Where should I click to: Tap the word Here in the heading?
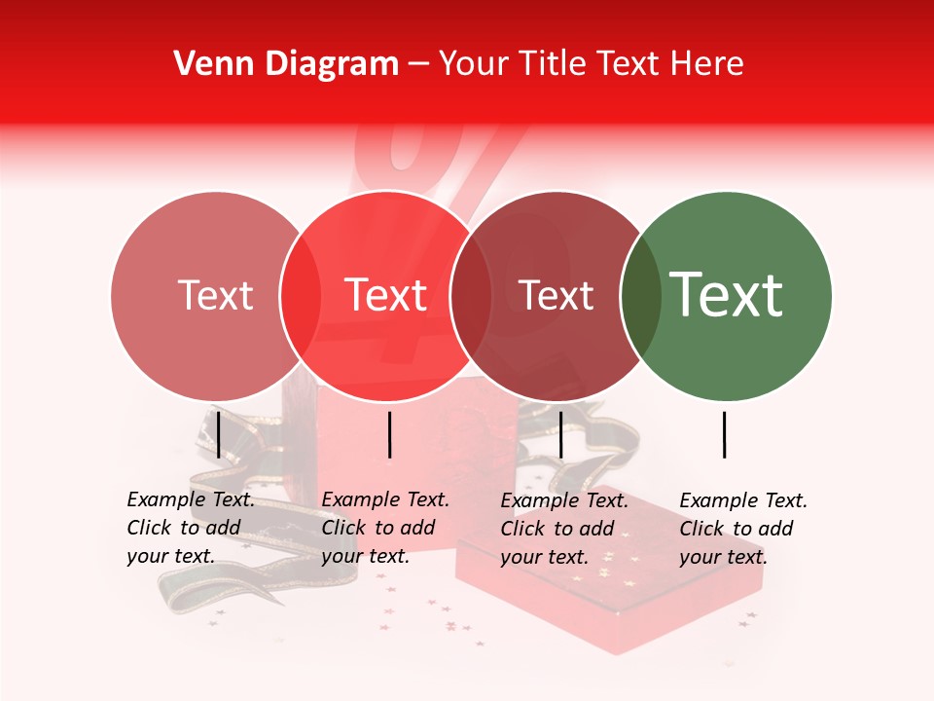click(x=707, y=64)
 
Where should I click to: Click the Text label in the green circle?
click(x=727, y=294)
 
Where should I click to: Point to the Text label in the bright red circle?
click(x=386, y=295)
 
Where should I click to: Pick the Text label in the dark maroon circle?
click(x=557, y=296)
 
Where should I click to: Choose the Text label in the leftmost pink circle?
click(x=215, y=295)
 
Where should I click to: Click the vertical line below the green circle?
click(x=725, y=434)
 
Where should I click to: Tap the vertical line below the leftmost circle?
click(x=219, y=434)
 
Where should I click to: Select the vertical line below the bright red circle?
click(x=389, y=434)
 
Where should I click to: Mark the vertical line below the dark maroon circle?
click(x=560, y=434)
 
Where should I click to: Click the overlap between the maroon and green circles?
click(x=641, y=296)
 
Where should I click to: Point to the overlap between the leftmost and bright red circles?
click(x=301, y=296)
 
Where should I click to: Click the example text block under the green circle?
click(x=742, y=529)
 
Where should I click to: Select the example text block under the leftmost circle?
click(x=191, y=528)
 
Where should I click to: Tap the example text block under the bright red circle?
click(x=385, y=528)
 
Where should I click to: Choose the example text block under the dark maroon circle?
click(x=564, y=529)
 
